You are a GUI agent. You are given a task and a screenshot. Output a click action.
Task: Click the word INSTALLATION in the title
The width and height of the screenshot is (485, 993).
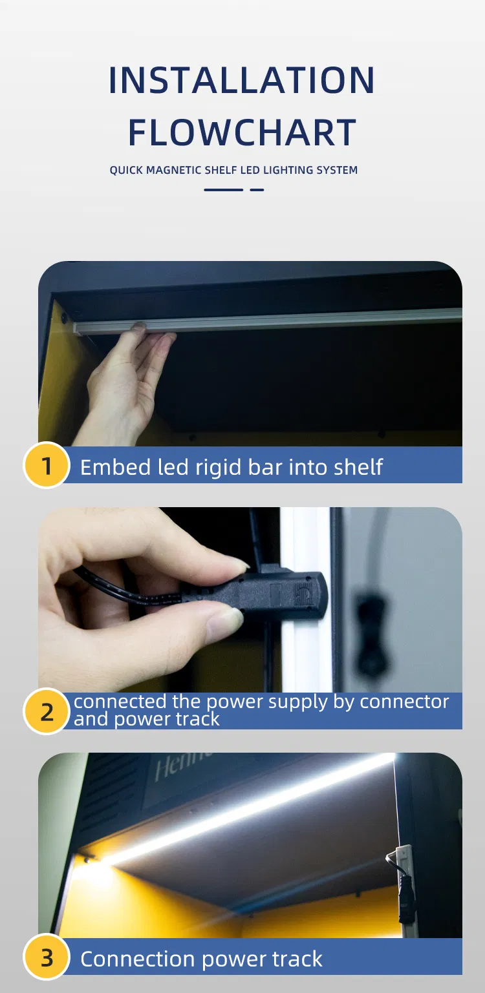click(242, 80)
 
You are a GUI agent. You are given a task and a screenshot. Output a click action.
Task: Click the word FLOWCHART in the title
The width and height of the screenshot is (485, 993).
click(242, 132)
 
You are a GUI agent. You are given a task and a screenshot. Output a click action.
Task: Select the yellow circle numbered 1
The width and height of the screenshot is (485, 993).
click(47, 465)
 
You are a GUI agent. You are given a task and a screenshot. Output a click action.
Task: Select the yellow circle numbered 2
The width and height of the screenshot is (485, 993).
click(47, 711)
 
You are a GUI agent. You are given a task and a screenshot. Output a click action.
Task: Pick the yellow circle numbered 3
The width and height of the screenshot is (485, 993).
click(47, 957)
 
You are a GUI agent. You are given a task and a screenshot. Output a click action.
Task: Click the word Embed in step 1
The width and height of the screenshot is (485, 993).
click(115, 467)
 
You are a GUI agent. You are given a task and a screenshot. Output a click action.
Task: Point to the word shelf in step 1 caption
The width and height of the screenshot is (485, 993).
click(358, 467)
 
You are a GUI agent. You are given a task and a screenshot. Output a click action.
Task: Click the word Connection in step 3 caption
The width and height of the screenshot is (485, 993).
click(138, 959)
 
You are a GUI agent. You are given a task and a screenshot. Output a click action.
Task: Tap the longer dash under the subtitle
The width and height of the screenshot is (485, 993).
click(224, 190)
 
